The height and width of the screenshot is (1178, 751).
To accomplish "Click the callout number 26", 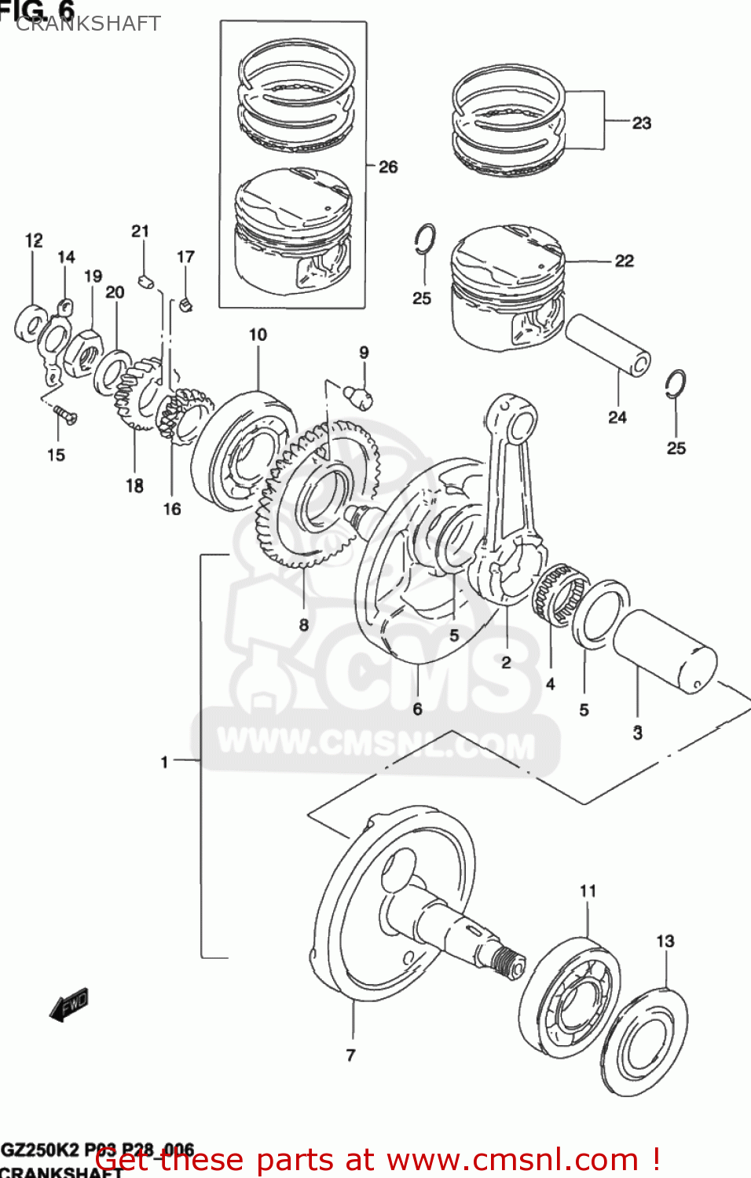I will [x=388, y=166].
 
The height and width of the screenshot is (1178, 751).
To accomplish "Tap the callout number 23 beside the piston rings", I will [x=641, y=123].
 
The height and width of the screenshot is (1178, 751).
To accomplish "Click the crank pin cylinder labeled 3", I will [x=664, y=651].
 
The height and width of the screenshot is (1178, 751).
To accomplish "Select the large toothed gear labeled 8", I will [x=318, y=495].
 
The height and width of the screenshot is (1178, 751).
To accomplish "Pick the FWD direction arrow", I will [x=69, y=1004].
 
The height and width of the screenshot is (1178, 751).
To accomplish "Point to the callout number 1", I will [x=164, y=761].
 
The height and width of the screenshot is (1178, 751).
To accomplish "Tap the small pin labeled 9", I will [x=359, y=394].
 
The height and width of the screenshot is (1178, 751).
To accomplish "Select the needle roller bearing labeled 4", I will [x=559, y=595].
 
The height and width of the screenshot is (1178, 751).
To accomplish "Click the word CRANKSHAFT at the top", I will [x=88, y=24].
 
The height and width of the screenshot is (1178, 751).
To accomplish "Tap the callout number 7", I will [x=350, y=1055].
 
